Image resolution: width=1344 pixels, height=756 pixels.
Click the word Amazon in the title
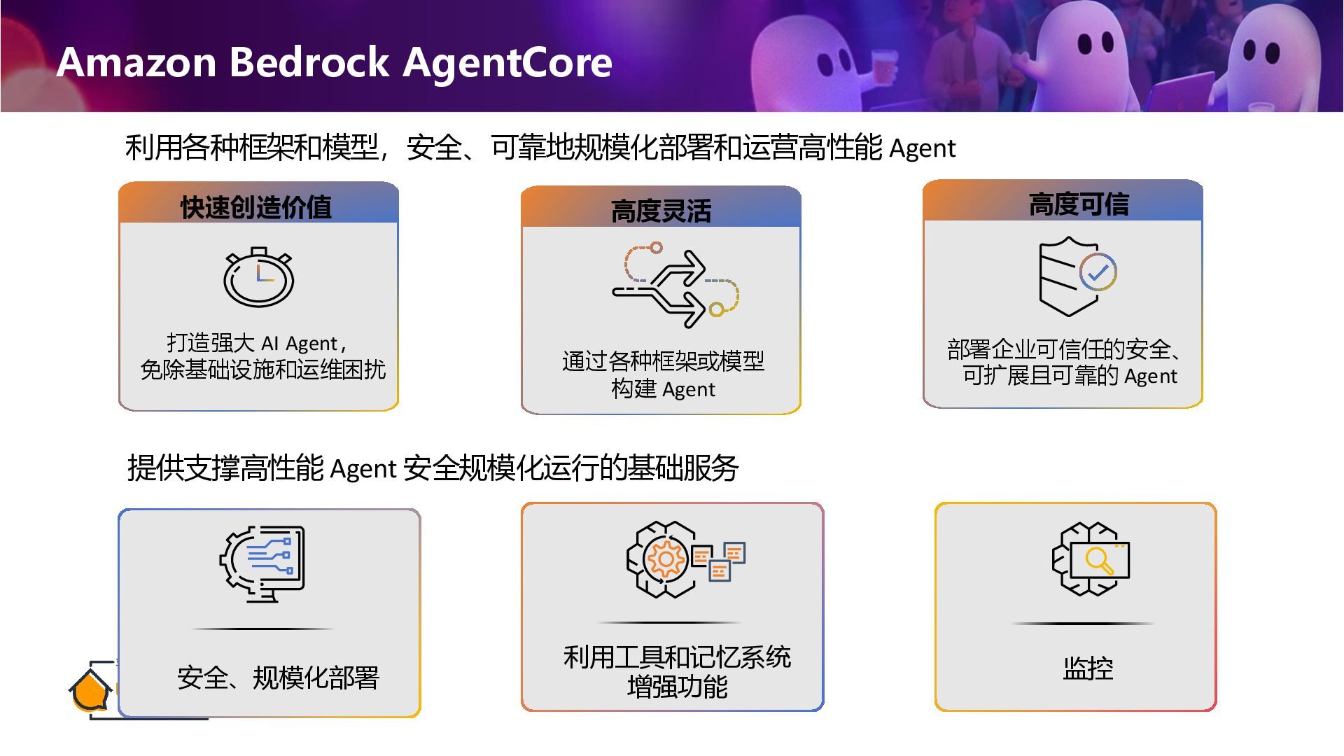(x=136, y=62)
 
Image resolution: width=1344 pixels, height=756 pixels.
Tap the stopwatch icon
(x=258, y=277)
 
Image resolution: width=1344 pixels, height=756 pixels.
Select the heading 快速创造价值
(x=255, y=207)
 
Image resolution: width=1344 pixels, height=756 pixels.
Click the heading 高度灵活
(x=661, y=211)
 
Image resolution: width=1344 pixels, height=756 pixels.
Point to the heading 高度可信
(x=1078, y=204)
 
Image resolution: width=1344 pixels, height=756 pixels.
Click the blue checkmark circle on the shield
(x=1098, y=272)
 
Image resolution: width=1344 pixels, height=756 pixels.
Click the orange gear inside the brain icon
(x=666, y=559)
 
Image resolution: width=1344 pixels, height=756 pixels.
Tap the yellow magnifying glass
(x=1098, y=561)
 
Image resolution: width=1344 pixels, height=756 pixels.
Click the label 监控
(x=1087, y=668)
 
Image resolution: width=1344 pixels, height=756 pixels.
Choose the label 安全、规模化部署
(x=278, y=678)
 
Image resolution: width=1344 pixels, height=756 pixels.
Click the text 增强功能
(x=677, y=687)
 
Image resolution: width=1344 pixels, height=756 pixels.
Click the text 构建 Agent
(x=663, y=389)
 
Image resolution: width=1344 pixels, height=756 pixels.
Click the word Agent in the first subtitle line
(x=922, y=148)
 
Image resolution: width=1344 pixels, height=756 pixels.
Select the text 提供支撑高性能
(x=225, y=468)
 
